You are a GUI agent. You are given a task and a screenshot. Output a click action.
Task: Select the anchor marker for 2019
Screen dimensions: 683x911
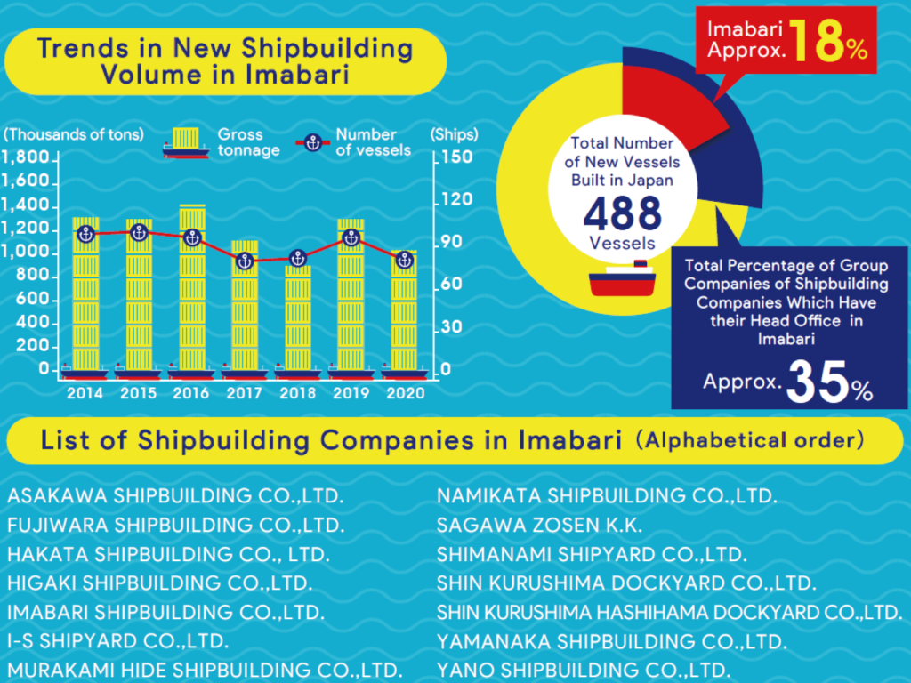click(351, 237)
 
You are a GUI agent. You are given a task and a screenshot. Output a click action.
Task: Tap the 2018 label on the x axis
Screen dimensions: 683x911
click(298, 392)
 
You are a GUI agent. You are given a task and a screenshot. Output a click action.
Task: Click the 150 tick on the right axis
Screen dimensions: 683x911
click(452, 157)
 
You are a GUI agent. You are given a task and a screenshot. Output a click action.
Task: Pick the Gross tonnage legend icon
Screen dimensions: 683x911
click(186, 142)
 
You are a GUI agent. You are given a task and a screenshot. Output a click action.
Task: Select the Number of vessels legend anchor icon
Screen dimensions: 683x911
click(312, 142)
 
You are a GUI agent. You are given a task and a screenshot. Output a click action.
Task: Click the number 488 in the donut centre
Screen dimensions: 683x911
click(623, 213)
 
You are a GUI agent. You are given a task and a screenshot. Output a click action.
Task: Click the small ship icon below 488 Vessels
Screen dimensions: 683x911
click(623, 280)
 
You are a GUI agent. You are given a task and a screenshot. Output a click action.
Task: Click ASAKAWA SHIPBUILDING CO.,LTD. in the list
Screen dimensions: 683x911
click(175, 495)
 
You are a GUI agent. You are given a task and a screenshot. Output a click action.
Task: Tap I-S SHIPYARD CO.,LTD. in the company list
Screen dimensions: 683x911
click(118, 640)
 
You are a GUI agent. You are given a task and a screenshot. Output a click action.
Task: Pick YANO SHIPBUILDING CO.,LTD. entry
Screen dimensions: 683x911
click(584, 670)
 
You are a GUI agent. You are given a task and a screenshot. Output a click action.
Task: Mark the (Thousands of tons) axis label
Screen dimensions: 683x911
click(73, 135)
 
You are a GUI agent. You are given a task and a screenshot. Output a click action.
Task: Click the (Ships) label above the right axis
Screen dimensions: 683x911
click(454, 135)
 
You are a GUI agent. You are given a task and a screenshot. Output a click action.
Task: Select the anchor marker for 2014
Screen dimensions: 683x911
click(85, 234)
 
